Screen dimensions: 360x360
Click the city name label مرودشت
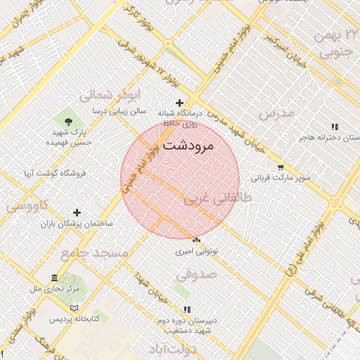[x=191, y=146]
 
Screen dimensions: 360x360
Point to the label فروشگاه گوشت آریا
[x=55, y=172]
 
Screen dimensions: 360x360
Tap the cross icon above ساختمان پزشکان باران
[x=77, y=212]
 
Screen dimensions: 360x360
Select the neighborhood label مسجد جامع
[x=95, y=252]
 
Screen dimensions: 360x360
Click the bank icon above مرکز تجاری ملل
[x=56, y=278]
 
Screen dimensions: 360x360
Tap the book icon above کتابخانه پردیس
[x=75, y=308]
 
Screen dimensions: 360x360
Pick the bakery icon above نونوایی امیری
[x=196, y=240]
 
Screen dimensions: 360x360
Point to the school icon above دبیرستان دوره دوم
[x=187, y=309]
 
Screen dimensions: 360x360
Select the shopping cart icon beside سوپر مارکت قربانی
[x=281, y=167]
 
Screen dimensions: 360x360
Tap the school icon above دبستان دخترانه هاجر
[x=335, y=127]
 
